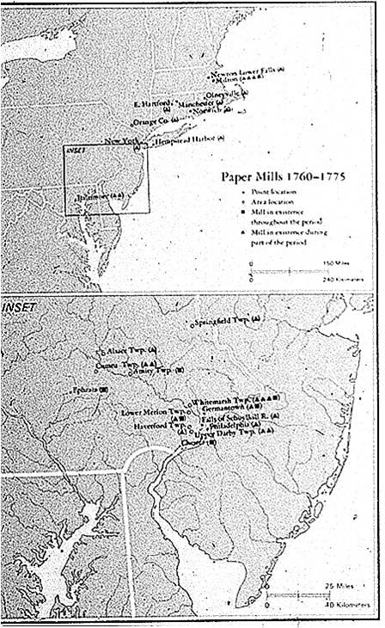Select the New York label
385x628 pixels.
pos(119,139)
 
